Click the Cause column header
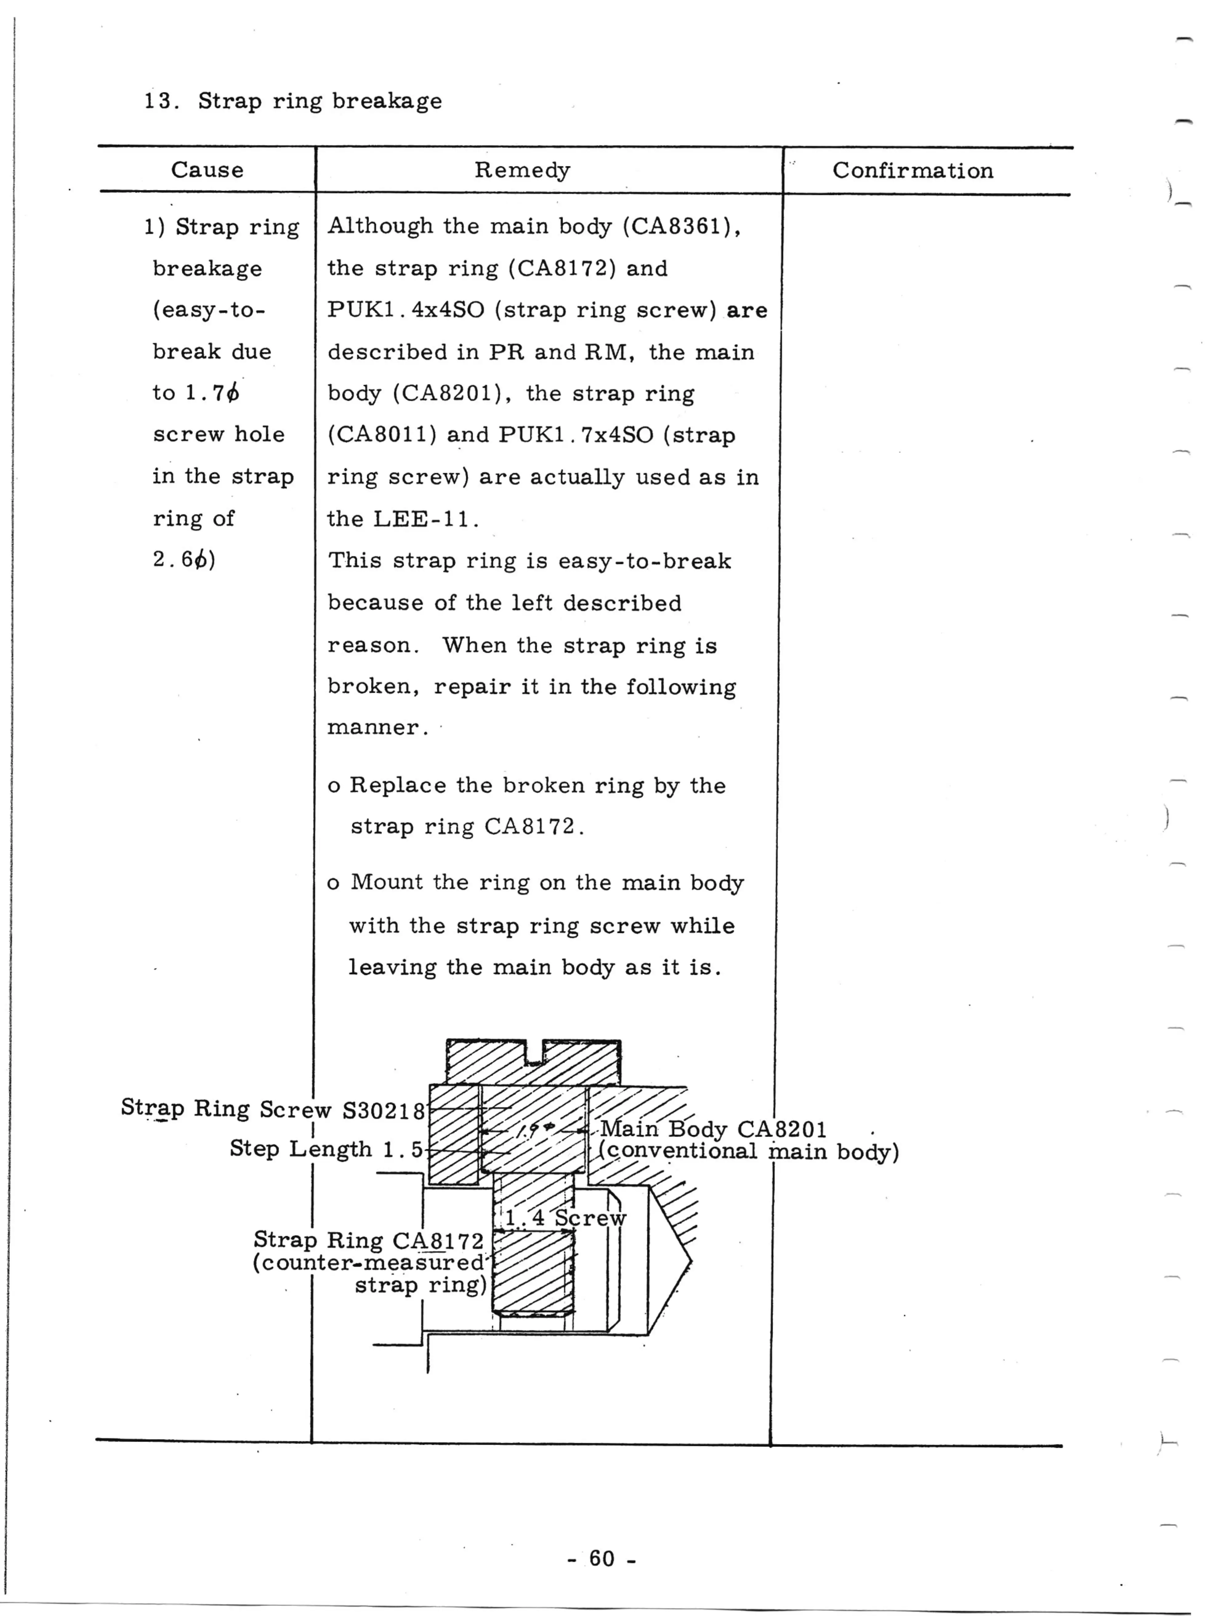click(207, 170)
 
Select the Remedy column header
click(522, 170)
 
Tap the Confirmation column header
click(913, 171)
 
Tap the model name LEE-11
click(425, 519)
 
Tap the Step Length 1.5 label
click(326, 1149)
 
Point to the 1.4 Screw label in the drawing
click(565, 1218)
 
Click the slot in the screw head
click(535, 1054)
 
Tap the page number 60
click(602, 1558)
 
